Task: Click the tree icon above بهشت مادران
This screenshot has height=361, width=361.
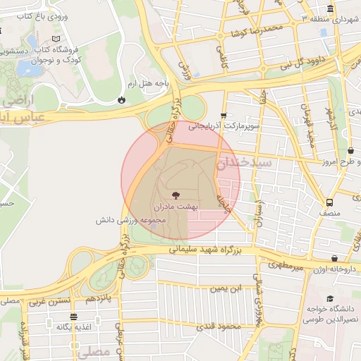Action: pos(174,195)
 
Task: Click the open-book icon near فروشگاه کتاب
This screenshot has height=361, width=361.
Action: pos(56,39)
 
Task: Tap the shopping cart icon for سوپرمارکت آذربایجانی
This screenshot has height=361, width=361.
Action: pos(224,116)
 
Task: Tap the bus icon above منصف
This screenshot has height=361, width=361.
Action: pos(326,200)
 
